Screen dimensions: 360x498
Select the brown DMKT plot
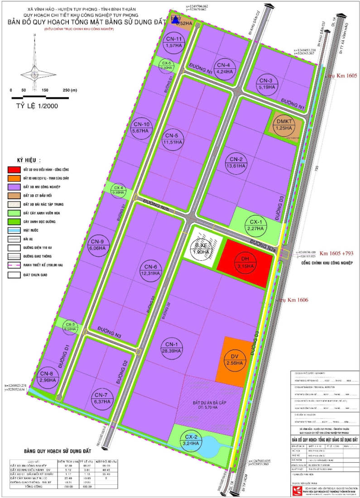[x=286, y=125]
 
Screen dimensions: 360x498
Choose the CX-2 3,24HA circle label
[x=193, y=441]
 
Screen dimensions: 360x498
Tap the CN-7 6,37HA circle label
[x=101, y=397]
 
